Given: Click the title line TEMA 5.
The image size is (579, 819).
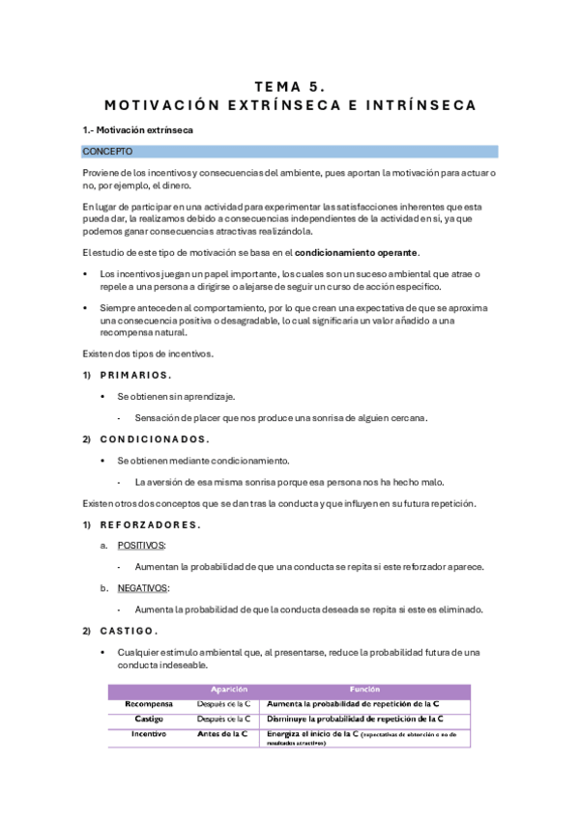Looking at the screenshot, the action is point(289,84).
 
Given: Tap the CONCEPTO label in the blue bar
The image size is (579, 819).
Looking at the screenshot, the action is point(107,152).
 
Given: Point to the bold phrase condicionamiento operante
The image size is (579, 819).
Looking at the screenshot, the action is point(357,253).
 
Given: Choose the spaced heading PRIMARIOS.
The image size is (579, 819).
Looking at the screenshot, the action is point(136,375).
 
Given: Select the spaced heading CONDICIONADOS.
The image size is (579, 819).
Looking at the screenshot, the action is point(155,438).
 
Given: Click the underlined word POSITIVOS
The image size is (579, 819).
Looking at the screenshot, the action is point(140,546).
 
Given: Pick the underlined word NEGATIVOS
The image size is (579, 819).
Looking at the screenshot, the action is point(143,587).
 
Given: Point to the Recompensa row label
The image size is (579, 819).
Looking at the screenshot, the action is point(149,704).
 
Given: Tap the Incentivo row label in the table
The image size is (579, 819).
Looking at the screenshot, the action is point(149,734).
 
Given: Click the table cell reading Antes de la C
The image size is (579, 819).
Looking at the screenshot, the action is point(222,734).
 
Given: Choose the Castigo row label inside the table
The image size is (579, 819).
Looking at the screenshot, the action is point(149,719).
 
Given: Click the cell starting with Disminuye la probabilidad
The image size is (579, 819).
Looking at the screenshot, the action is point(355,719).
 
